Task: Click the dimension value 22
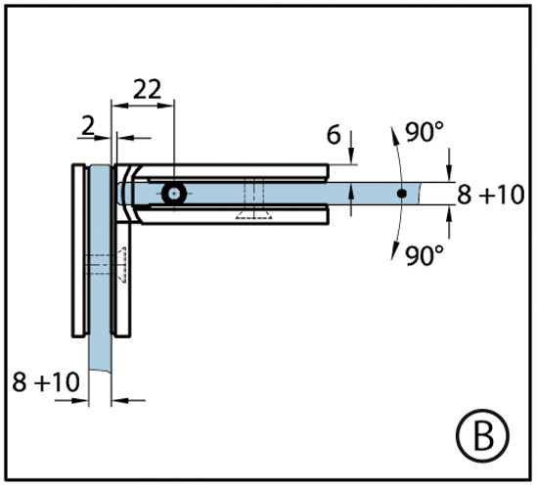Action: (147, 89)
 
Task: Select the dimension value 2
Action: (88, 125)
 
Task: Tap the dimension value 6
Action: (334, 135)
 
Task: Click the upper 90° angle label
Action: (425, 132)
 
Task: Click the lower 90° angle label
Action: (425, 255)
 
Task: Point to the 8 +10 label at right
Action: (491, 195)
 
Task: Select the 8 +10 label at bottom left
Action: (46, 381)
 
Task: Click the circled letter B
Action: (483, 436)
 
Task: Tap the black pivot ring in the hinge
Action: (174, 194)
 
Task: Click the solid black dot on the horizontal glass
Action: (402, 194)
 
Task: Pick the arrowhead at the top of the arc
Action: (395, 135)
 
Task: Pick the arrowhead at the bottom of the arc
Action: (395, 251)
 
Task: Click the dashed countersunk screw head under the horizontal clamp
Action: (254, 215)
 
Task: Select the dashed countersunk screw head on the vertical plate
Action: (122, 264)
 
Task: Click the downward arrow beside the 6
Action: (351, 148)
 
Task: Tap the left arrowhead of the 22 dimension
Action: (120, 106)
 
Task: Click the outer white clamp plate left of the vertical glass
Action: (78, 250)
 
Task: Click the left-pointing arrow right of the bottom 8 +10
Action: (128, 400)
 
